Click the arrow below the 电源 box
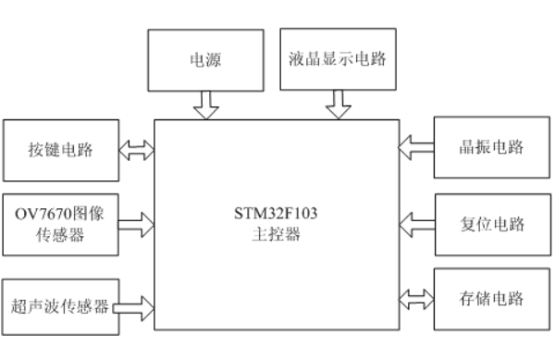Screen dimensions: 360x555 click(x=204, y=105)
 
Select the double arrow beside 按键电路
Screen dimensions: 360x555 click(x=136, y=149)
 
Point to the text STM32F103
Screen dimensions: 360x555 click(x=277, y=218)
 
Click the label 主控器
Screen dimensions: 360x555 click(x=277, y=236)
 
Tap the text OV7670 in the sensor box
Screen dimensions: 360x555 click(x=40, y=214)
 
